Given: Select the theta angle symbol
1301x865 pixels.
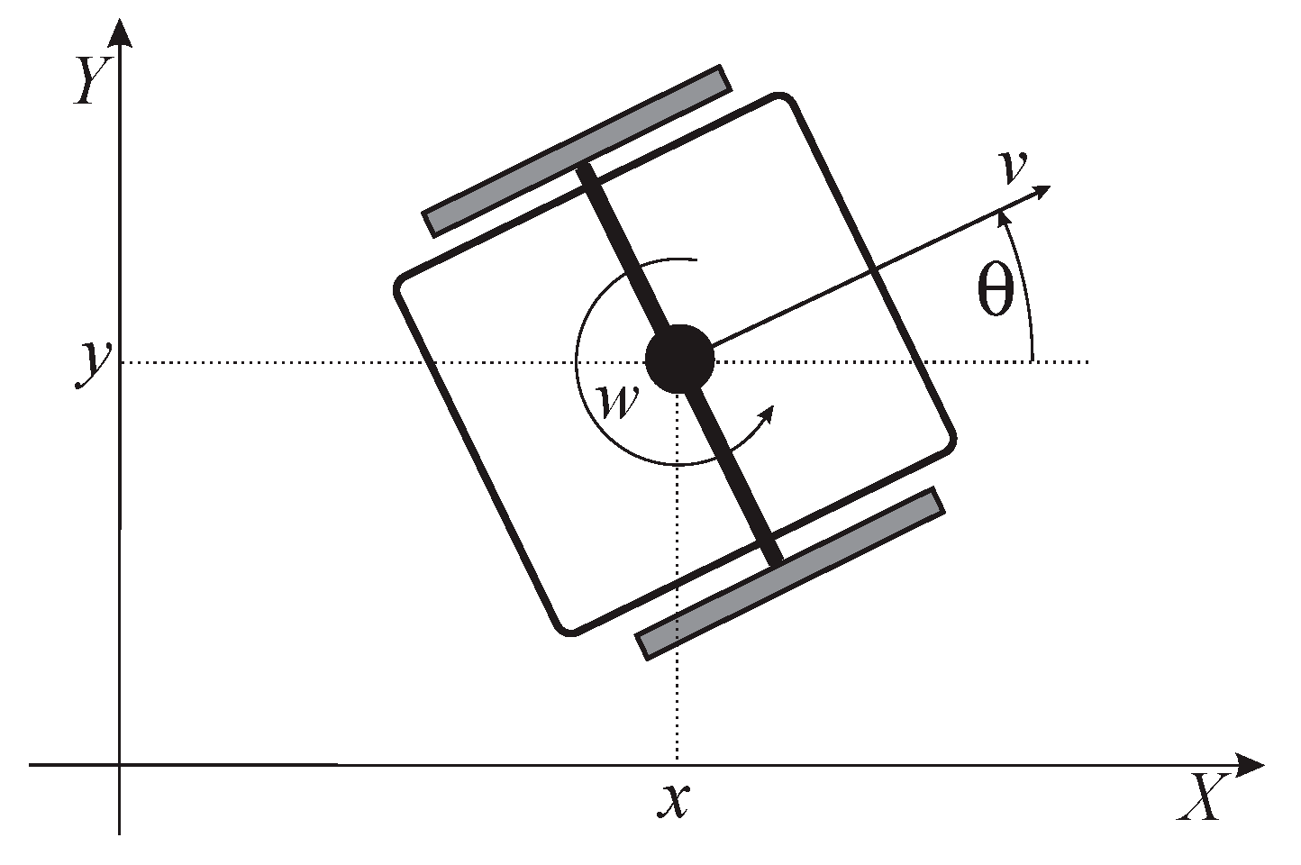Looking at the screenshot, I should pos(995,292).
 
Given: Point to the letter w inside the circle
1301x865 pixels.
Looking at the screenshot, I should pos(618,402).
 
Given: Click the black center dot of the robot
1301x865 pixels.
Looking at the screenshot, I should pos(680,359).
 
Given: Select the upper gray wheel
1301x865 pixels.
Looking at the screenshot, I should pos(577,150).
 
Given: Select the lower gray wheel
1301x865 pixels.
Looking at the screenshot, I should pos(791,573).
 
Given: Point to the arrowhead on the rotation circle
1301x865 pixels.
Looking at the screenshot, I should pos(768,414).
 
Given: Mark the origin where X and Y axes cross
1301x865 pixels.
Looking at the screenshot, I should pos(119,765).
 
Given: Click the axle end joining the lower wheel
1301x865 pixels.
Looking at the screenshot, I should pos(773,560).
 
